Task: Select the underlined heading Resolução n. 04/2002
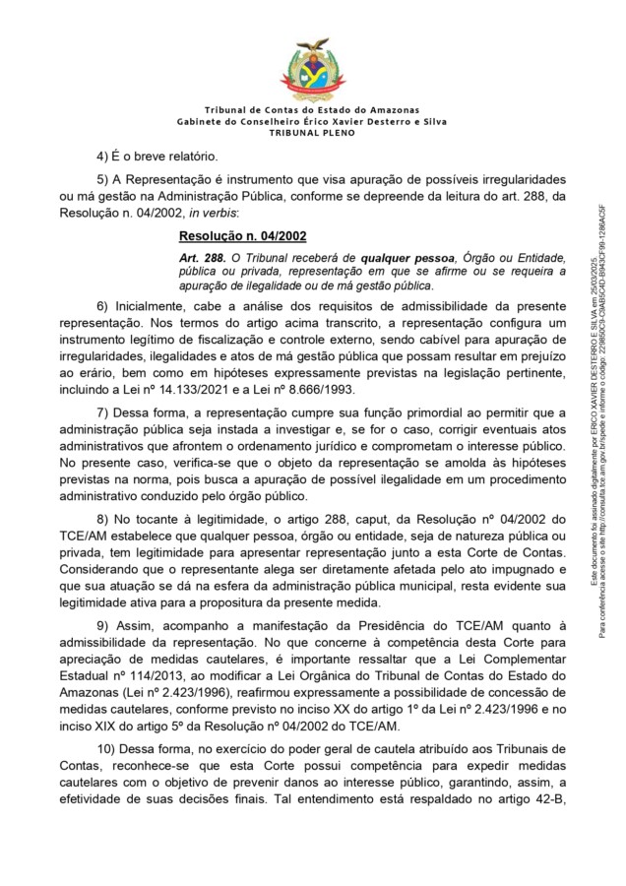pos(242,236)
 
